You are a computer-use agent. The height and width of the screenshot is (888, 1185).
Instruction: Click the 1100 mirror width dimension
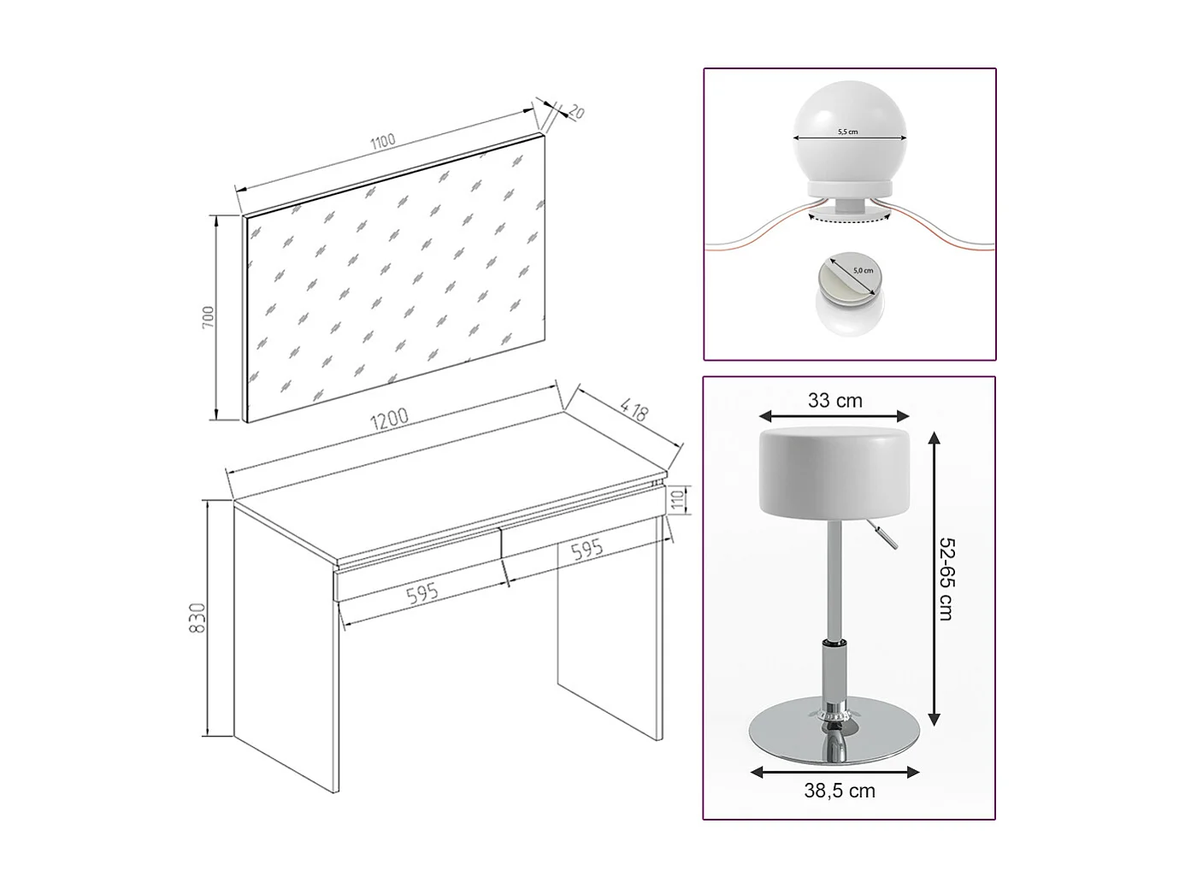point(382,142)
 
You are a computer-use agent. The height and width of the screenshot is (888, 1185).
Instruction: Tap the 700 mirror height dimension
point(208,317)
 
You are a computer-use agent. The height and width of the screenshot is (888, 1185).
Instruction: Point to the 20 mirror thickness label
point(576,112)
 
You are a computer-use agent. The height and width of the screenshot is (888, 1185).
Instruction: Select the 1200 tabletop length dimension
point(389,419)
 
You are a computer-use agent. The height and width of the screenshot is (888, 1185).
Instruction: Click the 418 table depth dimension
point(634,409)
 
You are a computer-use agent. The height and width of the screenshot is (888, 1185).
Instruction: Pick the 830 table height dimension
point(197,618)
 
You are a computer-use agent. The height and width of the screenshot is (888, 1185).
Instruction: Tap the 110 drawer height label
point(678,501)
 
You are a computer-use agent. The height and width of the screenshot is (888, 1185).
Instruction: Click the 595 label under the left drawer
point(422,594)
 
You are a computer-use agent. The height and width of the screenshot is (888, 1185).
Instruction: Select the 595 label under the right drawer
point(587,550)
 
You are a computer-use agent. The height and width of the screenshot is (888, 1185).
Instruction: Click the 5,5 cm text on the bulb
point(847,132)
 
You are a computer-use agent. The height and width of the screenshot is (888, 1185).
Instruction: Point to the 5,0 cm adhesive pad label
point(863,270)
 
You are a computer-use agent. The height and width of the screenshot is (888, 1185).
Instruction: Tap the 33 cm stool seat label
point(834,400)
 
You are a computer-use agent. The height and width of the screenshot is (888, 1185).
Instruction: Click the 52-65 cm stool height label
point(946,579)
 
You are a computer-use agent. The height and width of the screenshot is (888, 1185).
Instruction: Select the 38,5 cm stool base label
point(840,791)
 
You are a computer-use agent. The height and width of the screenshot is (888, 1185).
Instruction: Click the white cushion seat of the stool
point(834,473)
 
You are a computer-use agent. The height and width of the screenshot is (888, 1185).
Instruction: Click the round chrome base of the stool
point(834,732)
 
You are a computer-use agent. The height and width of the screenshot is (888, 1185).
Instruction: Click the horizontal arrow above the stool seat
point(834,416)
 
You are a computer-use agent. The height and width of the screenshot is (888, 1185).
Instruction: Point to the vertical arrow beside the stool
point(934,579)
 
